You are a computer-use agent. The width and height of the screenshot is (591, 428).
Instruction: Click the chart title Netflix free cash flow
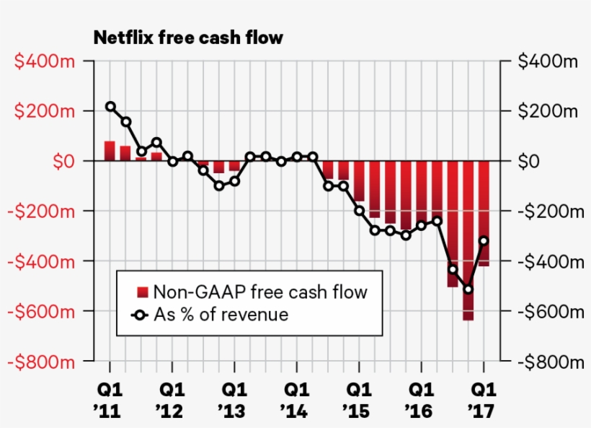coord(188,38)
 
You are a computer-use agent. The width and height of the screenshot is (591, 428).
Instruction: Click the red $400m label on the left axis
coord(46,61)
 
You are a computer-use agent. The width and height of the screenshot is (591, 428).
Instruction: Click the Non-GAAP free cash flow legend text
coord(260,292)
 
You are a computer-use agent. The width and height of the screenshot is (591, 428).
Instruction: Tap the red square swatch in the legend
coord(143,292)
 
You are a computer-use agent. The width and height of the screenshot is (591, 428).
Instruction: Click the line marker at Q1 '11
coord(110,106)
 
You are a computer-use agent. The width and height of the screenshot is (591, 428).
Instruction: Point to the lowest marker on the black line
coord(468,289)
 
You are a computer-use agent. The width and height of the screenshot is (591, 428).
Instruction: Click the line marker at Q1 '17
coord(484,241)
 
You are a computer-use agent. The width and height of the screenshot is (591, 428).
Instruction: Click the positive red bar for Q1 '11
coord(110,151)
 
